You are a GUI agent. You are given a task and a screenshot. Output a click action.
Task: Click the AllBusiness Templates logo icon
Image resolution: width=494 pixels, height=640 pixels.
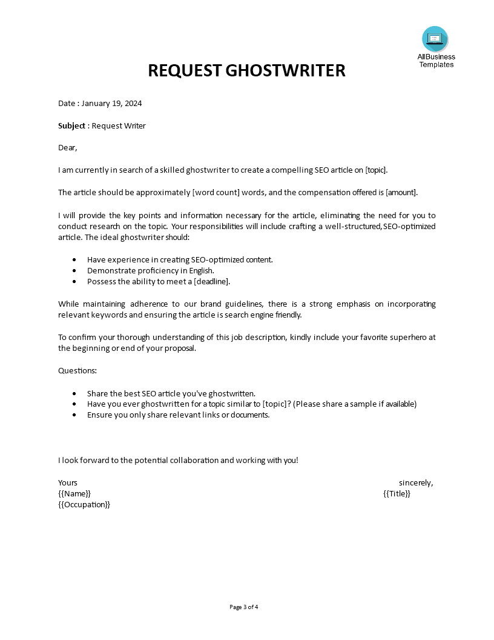tap(435, 39)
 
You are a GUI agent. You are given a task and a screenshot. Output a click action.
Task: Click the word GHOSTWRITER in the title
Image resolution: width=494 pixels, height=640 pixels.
tap(285, 70)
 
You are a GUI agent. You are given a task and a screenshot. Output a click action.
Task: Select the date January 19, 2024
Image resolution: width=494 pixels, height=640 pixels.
tap(111, 103)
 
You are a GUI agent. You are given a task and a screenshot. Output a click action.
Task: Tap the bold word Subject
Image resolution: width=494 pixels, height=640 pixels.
tap(72, 125)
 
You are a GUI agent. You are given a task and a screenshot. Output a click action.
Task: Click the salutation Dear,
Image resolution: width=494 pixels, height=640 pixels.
tap(68, 147)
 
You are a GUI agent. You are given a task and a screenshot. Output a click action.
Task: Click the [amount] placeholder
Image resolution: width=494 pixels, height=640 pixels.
tap(401, 192)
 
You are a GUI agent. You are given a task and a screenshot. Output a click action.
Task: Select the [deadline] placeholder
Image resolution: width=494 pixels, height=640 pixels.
tap(211, 281)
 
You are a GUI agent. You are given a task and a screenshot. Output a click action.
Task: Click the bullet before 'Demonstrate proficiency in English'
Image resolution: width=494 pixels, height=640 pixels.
tap(74, 271)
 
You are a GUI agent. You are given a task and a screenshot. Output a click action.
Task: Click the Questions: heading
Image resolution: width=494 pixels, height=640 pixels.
tap(77, 370)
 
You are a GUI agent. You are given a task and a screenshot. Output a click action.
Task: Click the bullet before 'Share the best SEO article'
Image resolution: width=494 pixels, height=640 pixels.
tap(74, 393)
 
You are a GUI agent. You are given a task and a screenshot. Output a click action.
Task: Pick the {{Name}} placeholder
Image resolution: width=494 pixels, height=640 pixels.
tap(74, 493)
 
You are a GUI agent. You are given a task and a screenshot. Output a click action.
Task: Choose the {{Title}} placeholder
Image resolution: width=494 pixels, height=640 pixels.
tap(397, 493)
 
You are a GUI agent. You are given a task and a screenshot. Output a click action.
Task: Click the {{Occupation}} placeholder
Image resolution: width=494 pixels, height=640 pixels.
tap(84, 504)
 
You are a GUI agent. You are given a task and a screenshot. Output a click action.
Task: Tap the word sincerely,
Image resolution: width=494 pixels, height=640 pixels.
tap(416, 482)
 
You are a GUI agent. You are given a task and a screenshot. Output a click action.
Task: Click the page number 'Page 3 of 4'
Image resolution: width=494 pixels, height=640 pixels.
tap(247, 607)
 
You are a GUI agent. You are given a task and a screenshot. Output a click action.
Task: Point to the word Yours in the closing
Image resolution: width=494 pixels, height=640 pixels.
tap(68, 482)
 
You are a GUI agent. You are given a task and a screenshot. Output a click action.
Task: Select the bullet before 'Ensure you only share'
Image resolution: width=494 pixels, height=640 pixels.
tap(74, 415)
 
